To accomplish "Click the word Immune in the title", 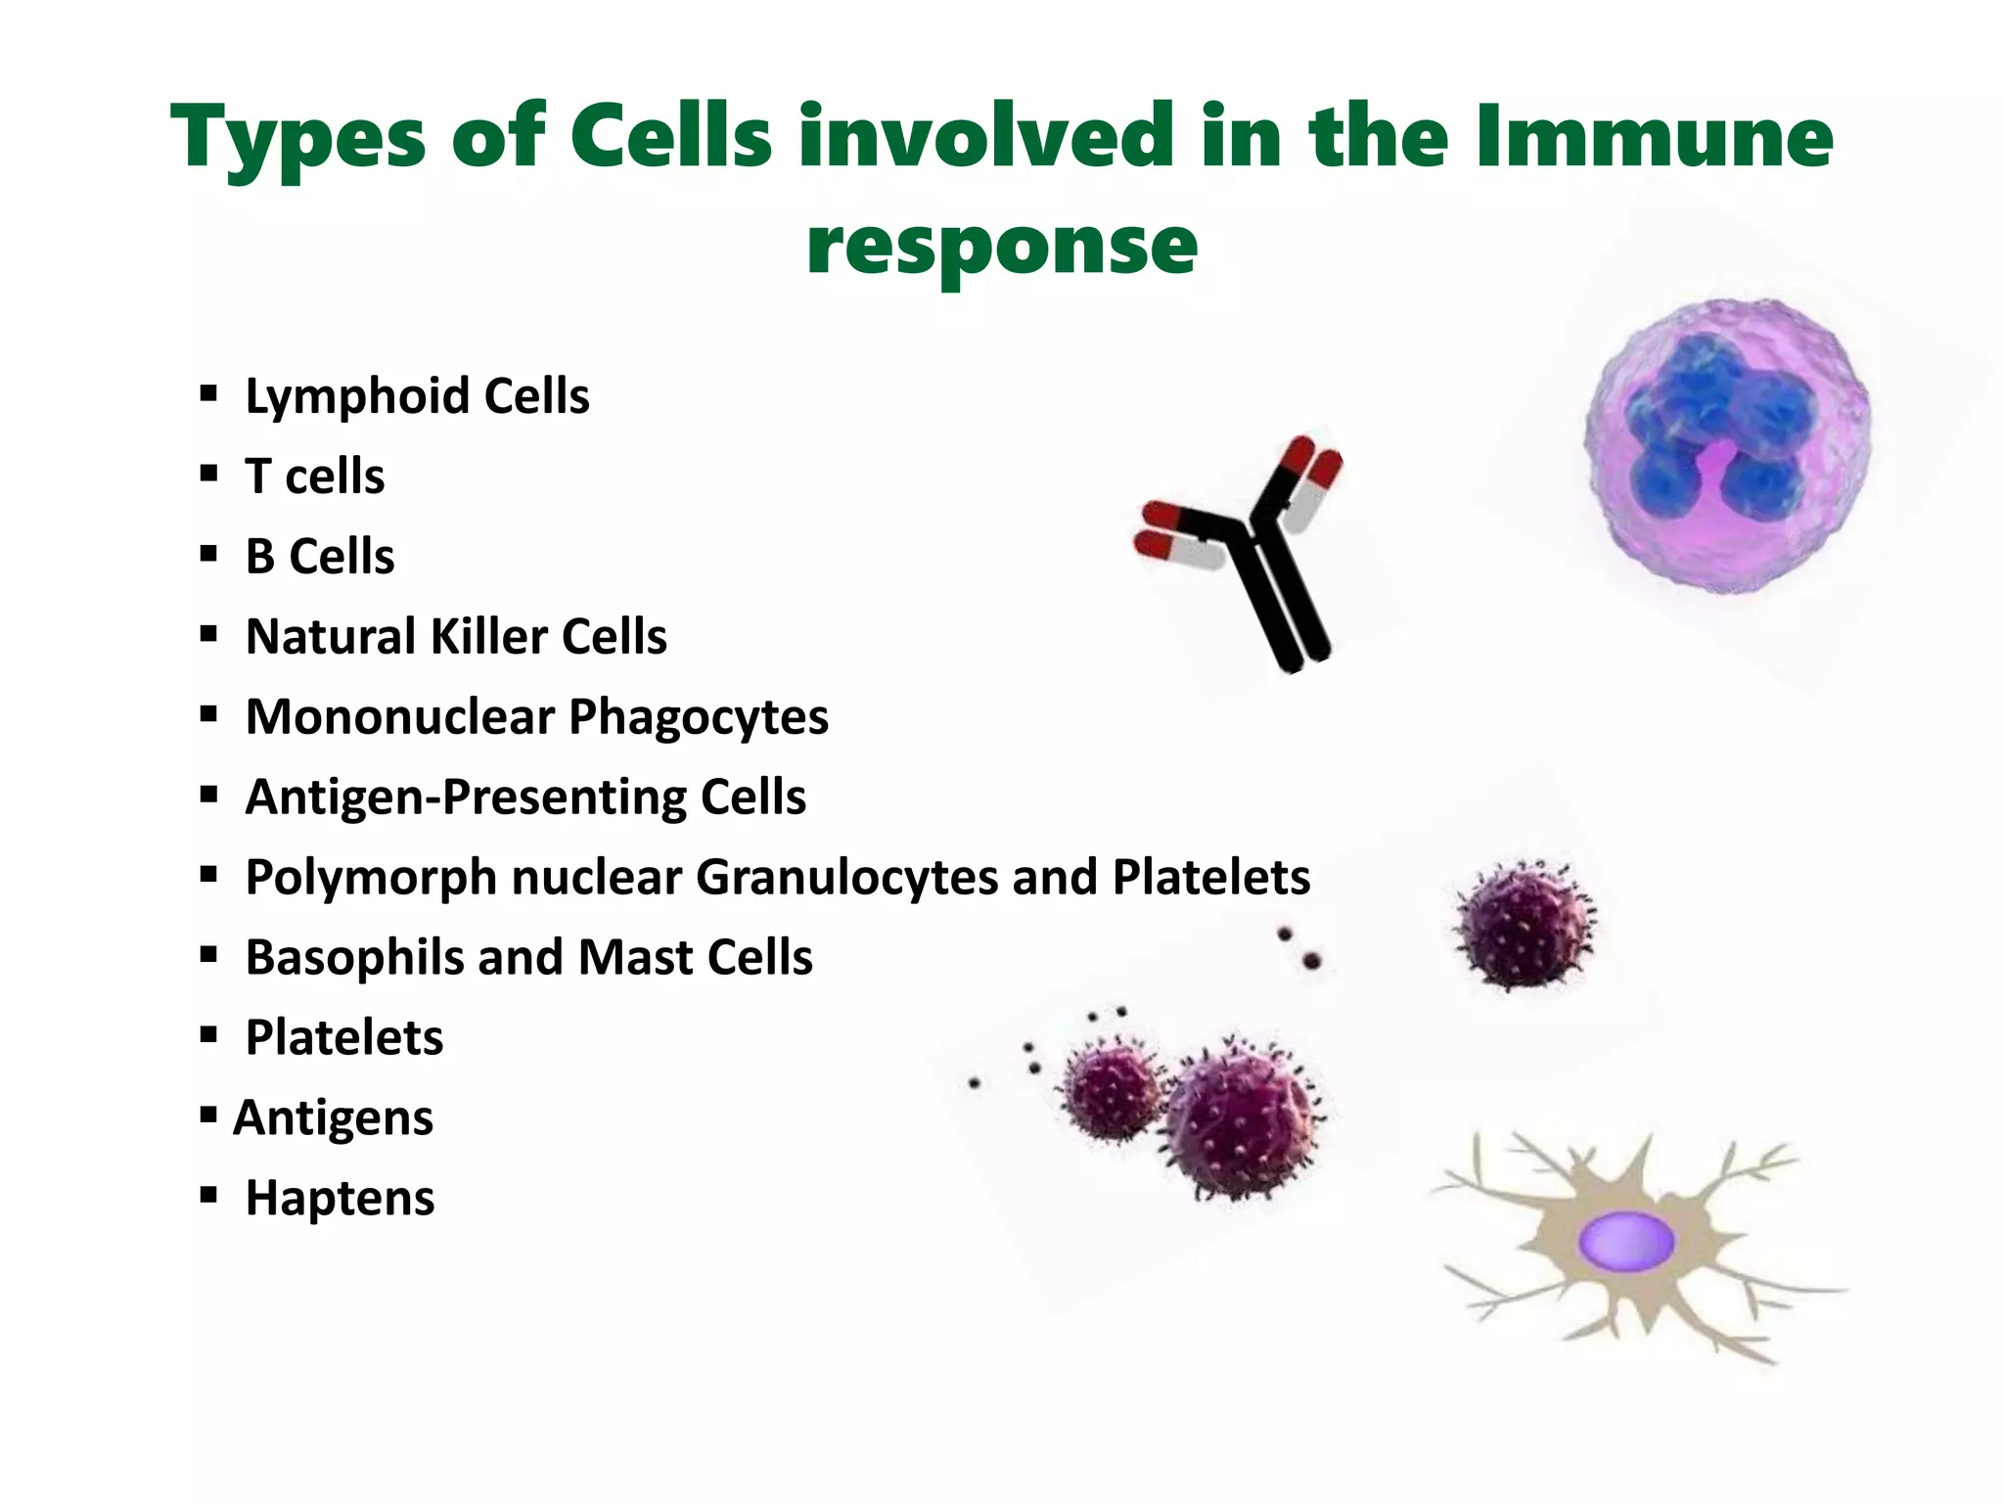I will pyautogui.click(x=1653, y=137).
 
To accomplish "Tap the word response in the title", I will pyautogui.click(x=1001, y=245).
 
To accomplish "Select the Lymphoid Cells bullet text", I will pyautogui.click(x=417, y=396).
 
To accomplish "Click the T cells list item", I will pyautogui.click(x=314, y=477).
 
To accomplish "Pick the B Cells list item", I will pyautogui.click(x=320, y=557).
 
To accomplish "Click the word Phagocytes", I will pyautogui.click(x=698, y=717).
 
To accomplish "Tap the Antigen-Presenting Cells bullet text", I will pyautogui.click(x=525, y=797).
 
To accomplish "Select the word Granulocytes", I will pyautogui.click(x=847, y=878).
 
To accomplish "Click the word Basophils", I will pyautogui.click(x=354, y=958).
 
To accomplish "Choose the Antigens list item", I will pyautogui.click(x=333, y=1118).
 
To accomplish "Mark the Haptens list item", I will pyautogui.click(x=340, y=1199).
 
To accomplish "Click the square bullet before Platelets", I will pyautogui.click(x=207, y=1035).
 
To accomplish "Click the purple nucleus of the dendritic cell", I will pyautogui.click(x=1626, y=1241).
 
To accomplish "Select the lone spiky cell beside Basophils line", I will pyautogui.click(x=1524, y=925).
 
